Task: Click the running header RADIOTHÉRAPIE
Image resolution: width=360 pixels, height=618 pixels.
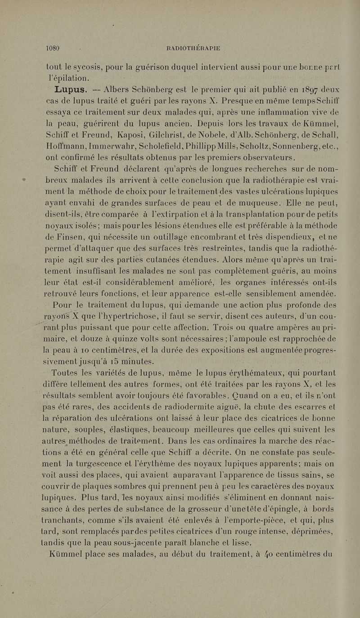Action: [193, 49]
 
